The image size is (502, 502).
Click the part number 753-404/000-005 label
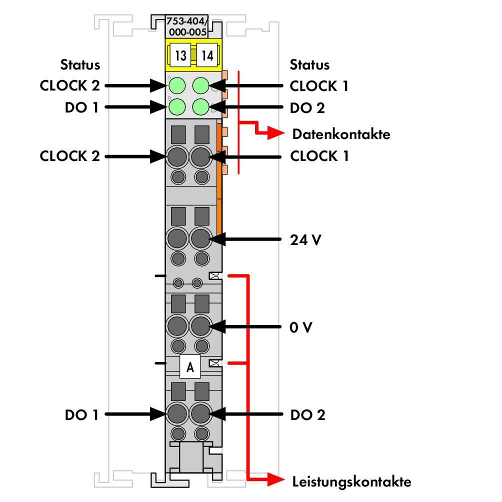(x=186, y=26)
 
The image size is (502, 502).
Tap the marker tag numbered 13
(x=180, y=55)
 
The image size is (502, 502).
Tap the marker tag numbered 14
(x=207, y=55)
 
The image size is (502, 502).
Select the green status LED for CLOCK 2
(x=177, y=85)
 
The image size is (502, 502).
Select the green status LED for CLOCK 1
(x=201, y=85)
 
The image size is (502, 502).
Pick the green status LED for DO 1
(x=177, y=106)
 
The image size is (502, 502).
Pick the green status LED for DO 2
(x=201, y=106)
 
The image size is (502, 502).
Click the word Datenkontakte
(x=341, y=134)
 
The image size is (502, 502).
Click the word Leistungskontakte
(x=351, y=481)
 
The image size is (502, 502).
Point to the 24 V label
(x=305, y=240)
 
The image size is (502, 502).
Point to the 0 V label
(x=300, y=327)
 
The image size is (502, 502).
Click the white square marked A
(x=190, y=367)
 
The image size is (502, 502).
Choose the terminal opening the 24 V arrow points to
(x=200, y=238)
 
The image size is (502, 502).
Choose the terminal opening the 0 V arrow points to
(x=200, y=326)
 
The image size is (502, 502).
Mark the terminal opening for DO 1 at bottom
(x=177, y=413)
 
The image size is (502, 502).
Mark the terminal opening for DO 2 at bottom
(x=200, y=413)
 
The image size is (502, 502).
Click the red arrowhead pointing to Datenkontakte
(x=276, y=133)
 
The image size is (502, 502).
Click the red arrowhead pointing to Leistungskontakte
(x=276, y=479)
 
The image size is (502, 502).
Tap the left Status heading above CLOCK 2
(x=80, y=64)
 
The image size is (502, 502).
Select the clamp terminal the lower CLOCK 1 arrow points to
(x=200, y=157)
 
